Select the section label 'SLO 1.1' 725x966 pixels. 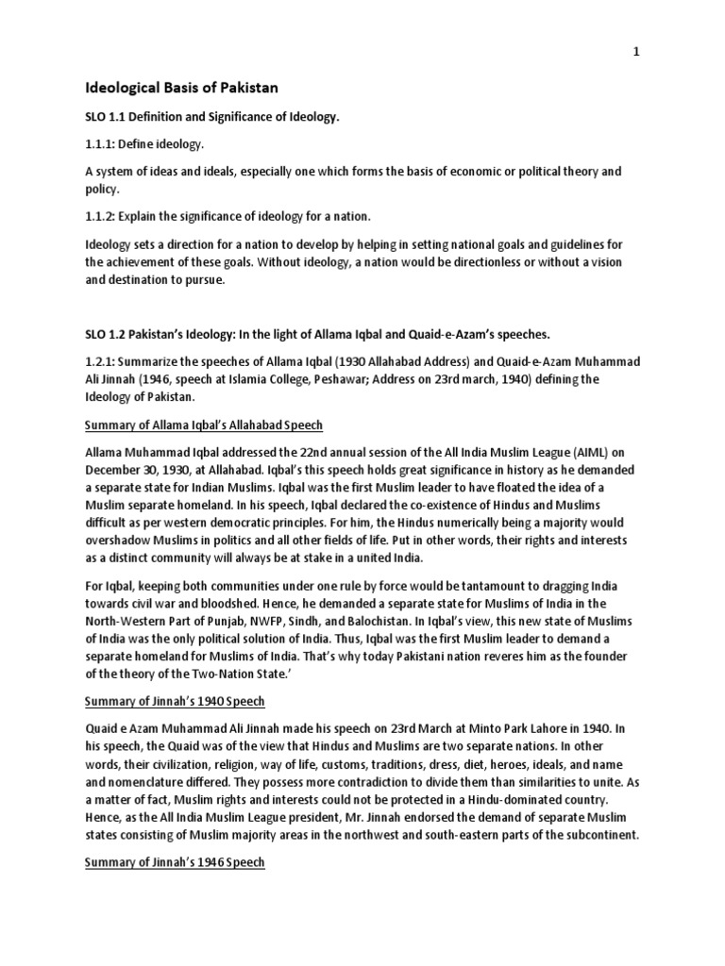(x=109, y=117)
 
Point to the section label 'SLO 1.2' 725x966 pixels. (x=109, y=336)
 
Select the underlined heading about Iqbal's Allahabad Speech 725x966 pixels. (x=204, y=425)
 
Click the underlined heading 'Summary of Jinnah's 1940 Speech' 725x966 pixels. (x=175, y=701)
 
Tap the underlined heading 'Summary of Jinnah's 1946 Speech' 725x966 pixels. (x=175, y=862)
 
